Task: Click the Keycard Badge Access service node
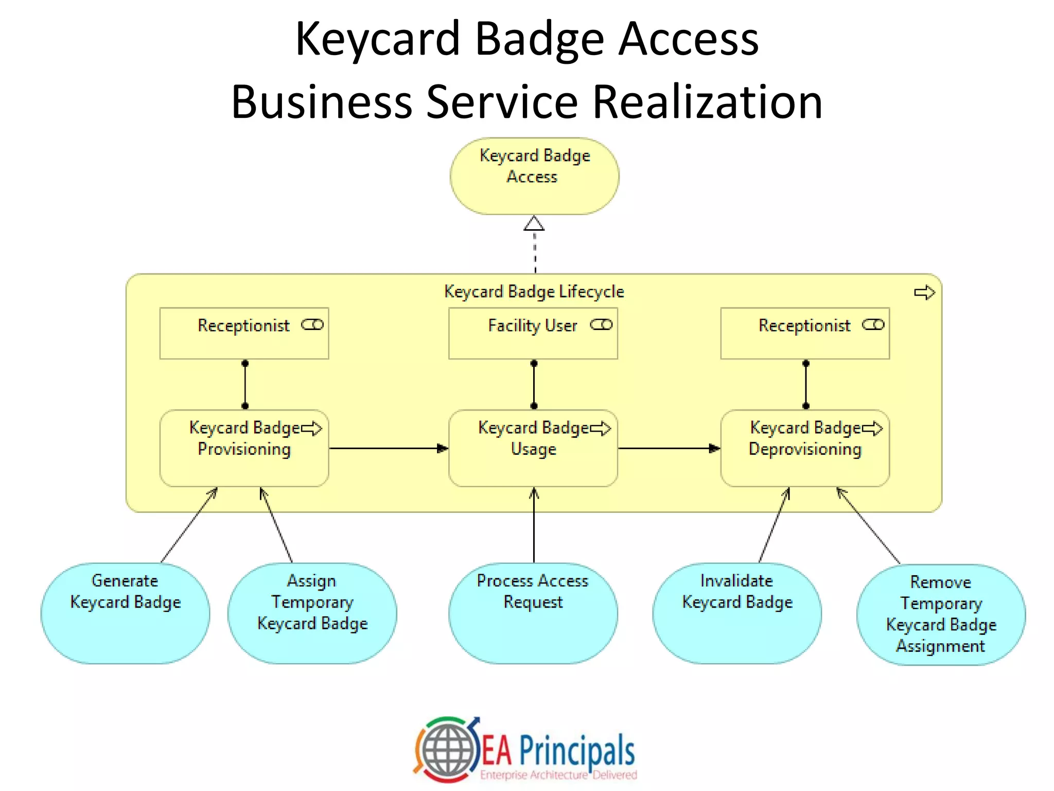pyautogui.click(x=534, y=176)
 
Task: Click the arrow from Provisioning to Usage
pyautogui.click(x=389, y=448)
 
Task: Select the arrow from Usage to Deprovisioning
pyautogui.click(x=669, y=448)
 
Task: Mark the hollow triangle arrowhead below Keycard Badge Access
pyautogui.click(x=534, y=223)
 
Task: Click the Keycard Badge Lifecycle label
pyautogui.click(x=534, y=291)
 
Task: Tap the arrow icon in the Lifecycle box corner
pyautogui.click(x=924, y=293)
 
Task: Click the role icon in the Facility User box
pyautogui.click(x=601, y=324)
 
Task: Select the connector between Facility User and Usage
pyautogui.click(x=534, y=384)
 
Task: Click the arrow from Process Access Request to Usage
pyautogui.click(x=534, y=525)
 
